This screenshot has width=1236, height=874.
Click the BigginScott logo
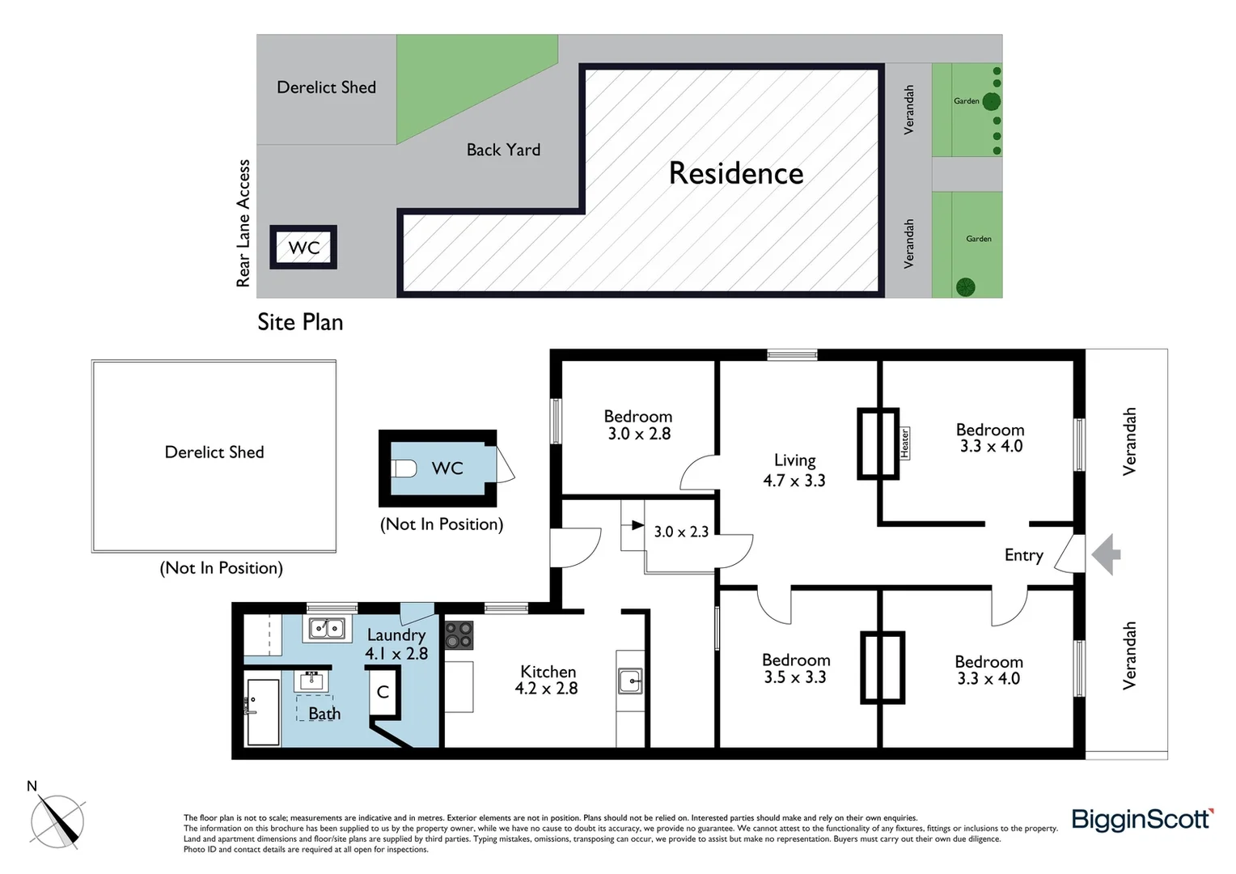pyautogui.click(x=1141, y=820)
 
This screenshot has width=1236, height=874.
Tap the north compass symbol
pyautogui.click(x=57, y=820)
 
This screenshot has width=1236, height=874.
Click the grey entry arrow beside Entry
pyautogui.click(x=1106, y=554)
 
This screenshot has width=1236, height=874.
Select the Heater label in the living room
pyautogui.click(x=904, y=443)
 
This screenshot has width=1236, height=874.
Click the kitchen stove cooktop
pyautogui.click(x=459, y=635)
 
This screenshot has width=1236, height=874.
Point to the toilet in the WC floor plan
pyautogui.click(x=404, y=469)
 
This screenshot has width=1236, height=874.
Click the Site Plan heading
pyautogui.click(x=300, y=322)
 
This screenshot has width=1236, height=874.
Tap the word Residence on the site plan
pyautogui.click(x=735, y=173)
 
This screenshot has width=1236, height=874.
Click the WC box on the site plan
pyautogui.click(x=303, y=248)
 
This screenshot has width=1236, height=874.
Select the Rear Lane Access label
pyautogui.click(x=243, y=223)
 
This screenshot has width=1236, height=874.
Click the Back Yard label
pyautogui.click(x=503, y=150)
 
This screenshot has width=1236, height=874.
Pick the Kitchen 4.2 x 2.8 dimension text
pyautogui.click(x=547, y=689)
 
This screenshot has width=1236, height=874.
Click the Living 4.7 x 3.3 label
pyautogui.click(x=794, y=470)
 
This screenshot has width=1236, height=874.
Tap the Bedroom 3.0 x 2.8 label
pyautogui.click(x=638, y=425)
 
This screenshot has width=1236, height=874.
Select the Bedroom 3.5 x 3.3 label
pyautogui.click(x=795, y=668)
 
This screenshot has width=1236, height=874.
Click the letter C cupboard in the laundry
pyautogui.click(x=383, y=693)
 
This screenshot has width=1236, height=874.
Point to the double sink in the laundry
pyautogui.click(x=327, y=628)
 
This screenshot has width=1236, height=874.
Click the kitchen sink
pyautogui.click(x=630, y=681)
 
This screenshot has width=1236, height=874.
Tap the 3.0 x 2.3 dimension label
pyautogui.click(x=681, y=532)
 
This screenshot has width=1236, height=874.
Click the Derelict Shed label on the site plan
pyautogui.click(x=326, y=87)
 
